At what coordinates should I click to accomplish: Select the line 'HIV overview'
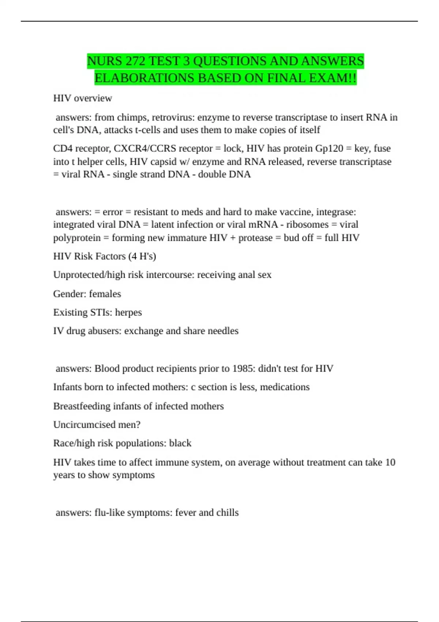coord(83,98)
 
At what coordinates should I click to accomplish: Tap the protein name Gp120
coord(329,149)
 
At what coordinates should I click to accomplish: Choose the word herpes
coord(128,312)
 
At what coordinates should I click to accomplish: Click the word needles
coord(223,331)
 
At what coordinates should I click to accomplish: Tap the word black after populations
coord(180,443)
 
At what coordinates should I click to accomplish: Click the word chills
coord(228,513)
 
